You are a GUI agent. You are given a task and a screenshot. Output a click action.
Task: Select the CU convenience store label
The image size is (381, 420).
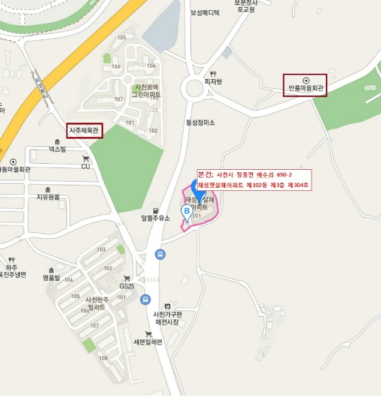click(x=85, y=166)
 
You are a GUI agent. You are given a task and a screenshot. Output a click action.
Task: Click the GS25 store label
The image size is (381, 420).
click(x=126, y=286)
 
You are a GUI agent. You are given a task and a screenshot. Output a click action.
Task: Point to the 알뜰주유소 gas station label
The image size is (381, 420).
click(x=156, y=218)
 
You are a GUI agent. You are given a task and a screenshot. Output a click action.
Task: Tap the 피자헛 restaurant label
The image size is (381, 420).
click(x=213, y=82)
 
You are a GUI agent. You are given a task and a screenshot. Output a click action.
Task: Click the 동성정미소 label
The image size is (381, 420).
click(x=200, y=122)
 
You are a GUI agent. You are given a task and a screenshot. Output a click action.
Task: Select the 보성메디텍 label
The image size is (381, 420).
click(x=205, y=12)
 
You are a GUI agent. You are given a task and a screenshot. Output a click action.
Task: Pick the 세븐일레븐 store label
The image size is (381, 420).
click(x=148, y=342)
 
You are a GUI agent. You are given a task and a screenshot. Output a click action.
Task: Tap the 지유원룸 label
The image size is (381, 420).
click(x=48, y=197)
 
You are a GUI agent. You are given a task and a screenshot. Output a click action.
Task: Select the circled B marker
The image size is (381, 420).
click(x=186, y=211)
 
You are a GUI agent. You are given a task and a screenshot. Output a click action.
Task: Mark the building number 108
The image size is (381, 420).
click(x=104, y=358)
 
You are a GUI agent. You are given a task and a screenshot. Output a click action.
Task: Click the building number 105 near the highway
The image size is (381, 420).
click(x=122, y=38)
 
